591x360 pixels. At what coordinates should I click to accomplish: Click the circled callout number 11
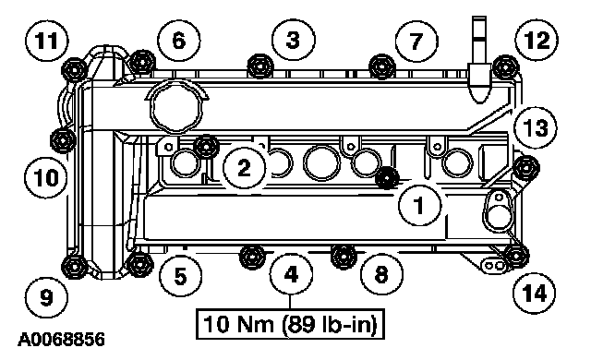point(47,40)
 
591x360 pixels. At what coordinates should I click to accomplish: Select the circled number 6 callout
point(178,40)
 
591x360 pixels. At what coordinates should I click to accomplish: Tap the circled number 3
point(294,40)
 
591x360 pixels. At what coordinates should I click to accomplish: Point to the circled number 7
point(416,41)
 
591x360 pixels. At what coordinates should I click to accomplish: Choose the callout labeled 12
point(537,40)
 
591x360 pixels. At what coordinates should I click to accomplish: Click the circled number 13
point(536,127)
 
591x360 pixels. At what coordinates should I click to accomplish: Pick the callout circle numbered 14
point(535,293)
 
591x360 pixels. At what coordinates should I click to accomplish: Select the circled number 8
point(381,274)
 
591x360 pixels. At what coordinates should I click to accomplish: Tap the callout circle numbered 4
point(292,274)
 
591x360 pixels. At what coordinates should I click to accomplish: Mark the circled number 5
point(181,276)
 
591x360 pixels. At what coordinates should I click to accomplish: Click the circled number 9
point(47,298)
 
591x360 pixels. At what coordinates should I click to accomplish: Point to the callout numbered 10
point(46,177)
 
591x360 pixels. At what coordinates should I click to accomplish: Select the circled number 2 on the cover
point(244,167)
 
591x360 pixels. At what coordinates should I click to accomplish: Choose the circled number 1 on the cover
point(419,205)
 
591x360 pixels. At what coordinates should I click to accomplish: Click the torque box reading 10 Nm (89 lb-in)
point(290,324)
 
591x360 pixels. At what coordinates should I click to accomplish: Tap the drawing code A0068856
point(62,340)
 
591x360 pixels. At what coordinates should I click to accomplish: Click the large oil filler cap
point(176,107)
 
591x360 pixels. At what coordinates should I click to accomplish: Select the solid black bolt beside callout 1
point(387,178)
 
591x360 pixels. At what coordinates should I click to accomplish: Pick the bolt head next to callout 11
point(74,70)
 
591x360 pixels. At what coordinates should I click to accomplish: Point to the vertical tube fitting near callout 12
point(479,59)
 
